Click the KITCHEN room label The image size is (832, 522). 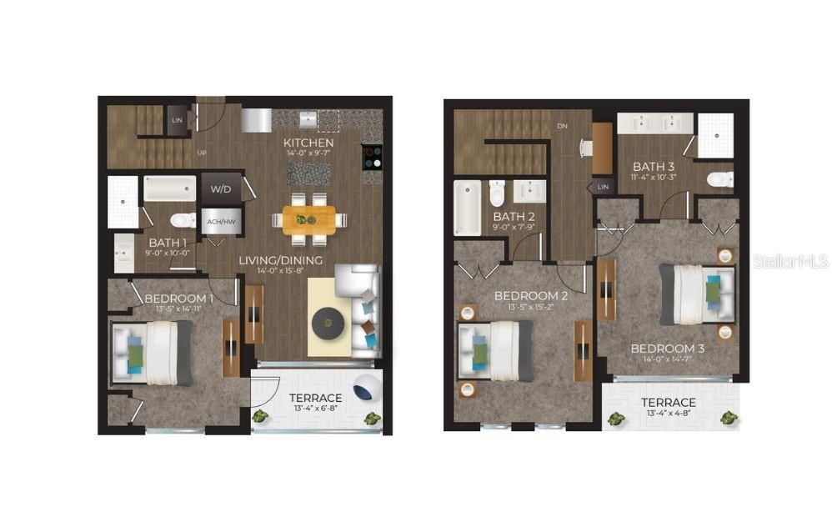[x=308, y=143]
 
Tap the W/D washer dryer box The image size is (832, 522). [x=220, y=189]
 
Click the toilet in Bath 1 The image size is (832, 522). [x=182, y=221]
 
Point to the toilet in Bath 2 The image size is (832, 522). [x=498, y=193]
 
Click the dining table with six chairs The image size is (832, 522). [x=308, y=219]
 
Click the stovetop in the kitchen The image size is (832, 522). [x=371, y=158]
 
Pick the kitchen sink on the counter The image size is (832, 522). [x=308, y=119]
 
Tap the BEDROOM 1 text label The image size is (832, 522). [x=178, y=299]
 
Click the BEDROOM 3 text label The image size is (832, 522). [x=667, y=348]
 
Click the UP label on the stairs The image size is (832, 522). [x=201, y=153]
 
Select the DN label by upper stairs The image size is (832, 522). [x=561, y=127]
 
